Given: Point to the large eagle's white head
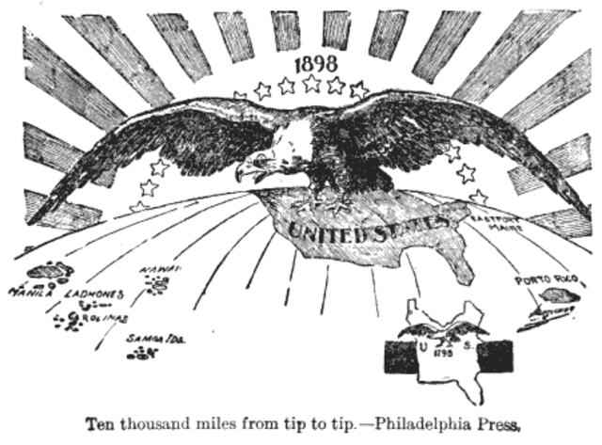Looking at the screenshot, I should tap(282, 151).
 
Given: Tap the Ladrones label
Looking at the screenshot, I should tap(94, 294).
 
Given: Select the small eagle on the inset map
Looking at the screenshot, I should tap(442, 331).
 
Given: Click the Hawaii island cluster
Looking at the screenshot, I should tap(158, 283).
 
